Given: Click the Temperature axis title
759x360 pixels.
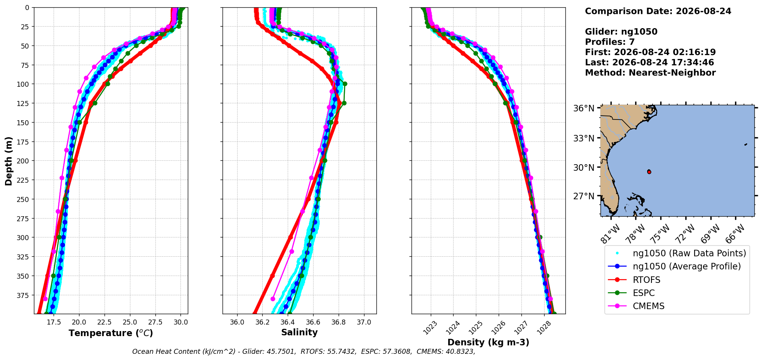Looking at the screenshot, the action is tap(111, 333).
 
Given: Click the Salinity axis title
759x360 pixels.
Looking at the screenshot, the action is tap(299, 332).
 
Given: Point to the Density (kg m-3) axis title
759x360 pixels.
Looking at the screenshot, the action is tap(488, 342).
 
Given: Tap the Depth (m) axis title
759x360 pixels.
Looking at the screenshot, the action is tap(8, 161).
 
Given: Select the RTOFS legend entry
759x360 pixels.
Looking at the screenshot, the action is tap(646, 280).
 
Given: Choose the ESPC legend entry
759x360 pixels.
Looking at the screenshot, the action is tap(644, 293).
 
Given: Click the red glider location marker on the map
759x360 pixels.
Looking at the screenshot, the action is tap(649, 172).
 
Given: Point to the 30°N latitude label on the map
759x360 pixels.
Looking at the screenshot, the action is tap(584, 167).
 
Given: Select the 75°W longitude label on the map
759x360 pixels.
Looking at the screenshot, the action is tap(661, 234).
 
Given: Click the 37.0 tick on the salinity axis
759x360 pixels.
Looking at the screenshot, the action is tap(364, 322).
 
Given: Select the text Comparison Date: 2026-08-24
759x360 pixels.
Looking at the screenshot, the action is tap(658, 11).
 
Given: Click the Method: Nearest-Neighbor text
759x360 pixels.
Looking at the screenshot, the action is tap(650, 73).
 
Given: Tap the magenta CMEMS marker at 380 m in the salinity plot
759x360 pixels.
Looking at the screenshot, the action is tap(273, 299).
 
